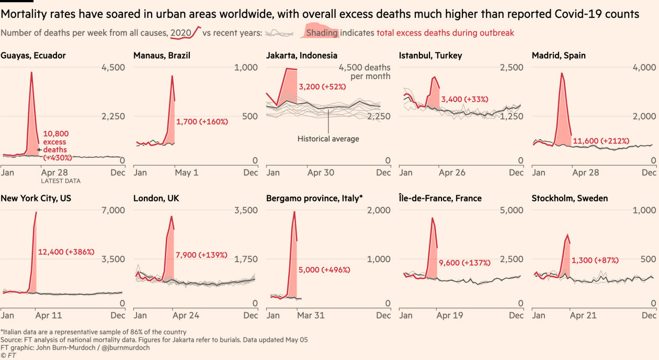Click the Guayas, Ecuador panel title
click(x=33, y=55)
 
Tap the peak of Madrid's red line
click(x=562, y=73)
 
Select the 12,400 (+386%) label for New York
click(x=66, y=252)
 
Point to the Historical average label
click(x=328, y=139)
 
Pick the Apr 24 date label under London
click(x=186, y=316)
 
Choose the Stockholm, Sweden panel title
click(x=570, y=198)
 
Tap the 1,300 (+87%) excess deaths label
click(x=595, y=260)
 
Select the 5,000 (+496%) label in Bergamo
click(x=324, y=270)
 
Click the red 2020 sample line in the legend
click(x=186, y=33)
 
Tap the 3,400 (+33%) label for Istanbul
click(x=464, y=99)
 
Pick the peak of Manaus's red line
click(x=172, y=76)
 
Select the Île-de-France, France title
click(x=440, y=198)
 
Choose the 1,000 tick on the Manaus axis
click(x=246, y=67)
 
